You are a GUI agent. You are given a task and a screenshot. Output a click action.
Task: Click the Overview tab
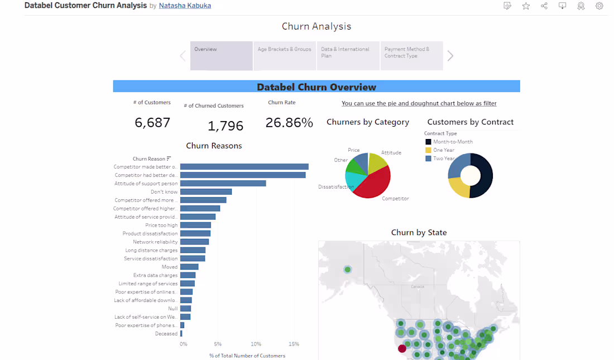(x=221, y=55)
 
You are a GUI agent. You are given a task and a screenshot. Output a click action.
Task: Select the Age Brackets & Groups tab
(x=285, y=55)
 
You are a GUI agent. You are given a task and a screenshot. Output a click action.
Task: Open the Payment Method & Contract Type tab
(x=411, y=55)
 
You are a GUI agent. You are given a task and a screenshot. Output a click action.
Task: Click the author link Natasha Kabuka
(x=185, y=6)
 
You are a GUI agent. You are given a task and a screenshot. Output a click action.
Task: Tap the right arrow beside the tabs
(x=450, y=56)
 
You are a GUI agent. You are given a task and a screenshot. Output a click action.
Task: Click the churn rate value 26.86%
(x=289, y=123)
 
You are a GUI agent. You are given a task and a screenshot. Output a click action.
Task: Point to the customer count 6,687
(x=152, y=123)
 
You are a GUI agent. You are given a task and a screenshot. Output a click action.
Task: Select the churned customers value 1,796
(x=226, y=126)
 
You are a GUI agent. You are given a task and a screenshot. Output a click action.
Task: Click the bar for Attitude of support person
(x=223, y=184)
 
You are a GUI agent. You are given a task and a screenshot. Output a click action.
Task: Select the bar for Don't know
(x=205, y=192)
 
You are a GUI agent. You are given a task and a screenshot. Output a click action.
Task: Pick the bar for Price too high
(x=195, y=225)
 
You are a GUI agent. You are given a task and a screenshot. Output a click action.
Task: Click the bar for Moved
(x=189, y=267)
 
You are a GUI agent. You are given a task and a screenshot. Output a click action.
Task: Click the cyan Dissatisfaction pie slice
(x=353, y=180)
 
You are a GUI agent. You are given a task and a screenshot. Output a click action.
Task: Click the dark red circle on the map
(x=401, y=349)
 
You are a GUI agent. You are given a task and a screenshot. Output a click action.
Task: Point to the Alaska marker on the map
(x=348, y=270)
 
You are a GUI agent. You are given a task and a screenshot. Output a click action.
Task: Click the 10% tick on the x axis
(x=256, y=344)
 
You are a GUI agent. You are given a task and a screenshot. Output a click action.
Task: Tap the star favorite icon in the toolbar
(x=526, y=6)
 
